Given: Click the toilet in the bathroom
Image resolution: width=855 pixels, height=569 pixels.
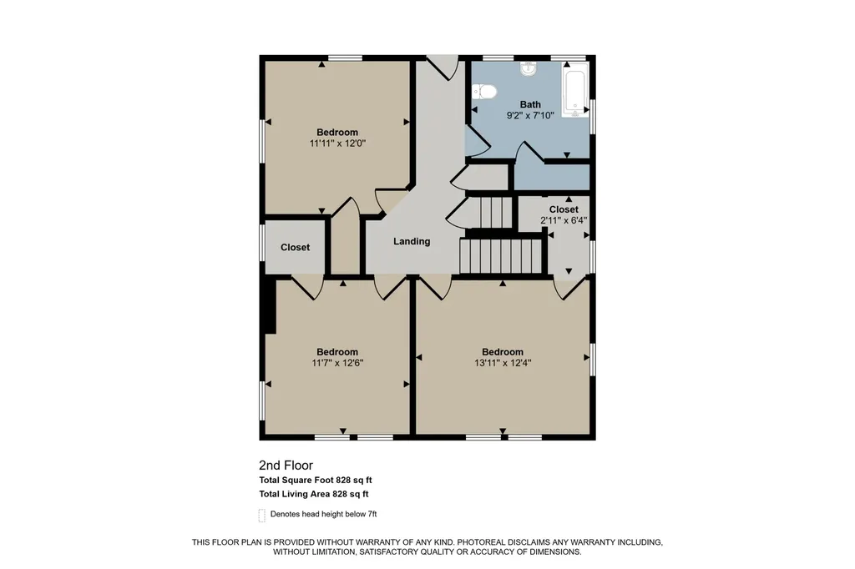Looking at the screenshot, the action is point(483,92).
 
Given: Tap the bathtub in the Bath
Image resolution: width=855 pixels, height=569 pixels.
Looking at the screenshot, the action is point(575,90).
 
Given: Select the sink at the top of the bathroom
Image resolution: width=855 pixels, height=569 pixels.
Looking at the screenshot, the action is point(529,69).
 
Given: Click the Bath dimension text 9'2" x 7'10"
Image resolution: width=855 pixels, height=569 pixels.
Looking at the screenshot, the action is point(530,115).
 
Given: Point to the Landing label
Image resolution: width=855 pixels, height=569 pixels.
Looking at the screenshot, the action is point(412,241).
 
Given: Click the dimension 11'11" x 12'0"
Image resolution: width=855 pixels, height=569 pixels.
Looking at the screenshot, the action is point(337,144).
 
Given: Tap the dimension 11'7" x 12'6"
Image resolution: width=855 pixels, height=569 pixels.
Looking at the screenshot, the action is point(337,363).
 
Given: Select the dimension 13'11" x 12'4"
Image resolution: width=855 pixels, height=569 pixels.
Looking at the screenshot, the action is point(503,363).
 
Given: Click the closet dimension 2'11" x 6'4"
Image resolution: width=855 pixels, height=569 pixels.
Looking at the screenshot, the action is point(564,221).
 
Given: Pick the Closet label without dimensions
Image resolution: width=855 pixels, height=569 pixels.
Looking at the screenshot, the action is point(295,248).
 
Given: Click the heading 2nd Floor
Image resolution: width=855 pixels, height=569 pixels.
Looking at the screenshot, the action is point(286,466).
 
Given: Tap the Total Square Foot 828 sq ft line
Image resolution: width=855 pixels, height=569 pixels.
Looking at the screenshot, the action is point(315,481).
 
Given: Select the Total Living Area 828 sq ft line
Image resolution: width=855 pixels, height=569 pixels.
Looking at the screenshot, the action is point(314,495).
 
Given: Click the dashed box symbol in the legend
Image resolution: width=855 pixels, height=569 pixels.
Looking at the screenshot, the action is point(261,515).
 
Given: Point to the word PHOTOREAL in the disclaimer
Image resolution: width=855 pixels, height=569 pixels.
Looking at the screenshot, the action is point(484,542).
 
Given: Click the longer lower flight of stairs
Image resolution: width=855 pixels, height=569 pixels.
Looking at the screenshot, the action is point(501,256).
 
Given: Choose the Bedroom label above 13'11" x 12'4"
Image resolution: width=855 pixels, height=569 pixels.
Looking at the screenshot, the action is point(503,352).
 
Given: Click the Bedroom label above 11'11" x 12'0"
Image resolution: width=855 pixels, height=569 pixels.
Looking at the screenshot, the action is point(337,133).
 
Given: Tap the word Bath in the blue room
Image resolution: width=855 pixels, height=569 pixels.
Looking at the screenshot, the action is point(530,104).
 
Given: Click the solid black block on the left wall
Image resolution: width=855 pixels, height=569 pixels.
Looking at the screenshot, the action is point(270,305).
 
